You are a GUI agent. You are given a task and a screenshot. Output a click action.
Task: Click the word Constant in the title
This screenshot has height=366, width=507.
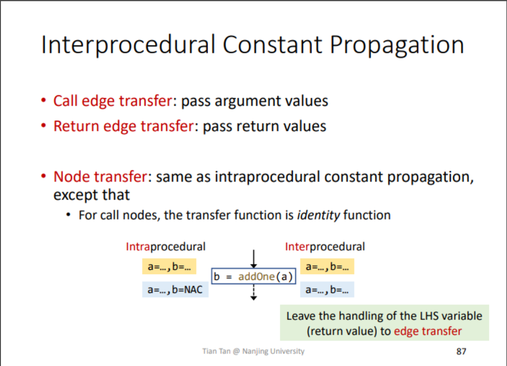[x=272, y=45]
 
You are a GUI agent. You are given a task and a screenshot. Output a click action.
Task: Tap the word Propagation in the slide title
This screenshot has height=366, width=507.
[x=397, y=45]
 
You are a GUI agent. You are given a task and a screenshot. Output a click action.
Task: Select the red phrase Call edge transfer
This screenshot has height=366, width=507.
[x=112, y=101]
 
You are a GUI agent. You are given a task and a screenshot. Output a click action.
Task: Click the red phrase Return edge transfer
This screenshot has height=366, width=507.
[x=123, y=126]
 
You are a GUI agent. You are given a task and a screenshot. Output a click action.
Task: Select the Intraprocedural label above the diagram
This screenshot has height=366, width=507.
[x=166, y=247]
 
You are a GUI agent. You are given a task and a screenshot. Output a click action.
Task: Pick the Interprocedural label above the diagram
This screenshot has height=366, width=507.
[x=325, y=247]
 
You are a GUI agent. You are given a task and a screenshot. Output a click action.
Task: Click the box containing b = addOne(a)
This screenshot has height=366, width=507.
[x=253, y=277]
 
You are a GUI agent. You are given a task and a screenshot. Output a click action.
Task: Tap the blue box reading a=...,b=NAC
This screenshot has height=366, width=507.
[x=175, y=290]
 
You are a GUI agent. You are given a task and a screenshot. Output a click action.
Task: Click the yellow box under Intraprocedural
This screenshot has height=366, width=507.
[x=169, y=267]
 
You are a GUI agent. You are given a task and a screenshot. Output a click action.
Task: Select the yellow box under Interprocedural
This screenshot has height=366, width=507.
[x=327, y=267]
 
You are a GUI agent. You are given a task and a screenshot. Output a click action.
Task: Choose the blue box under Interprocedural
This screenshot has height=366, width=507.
[x=327, y=290]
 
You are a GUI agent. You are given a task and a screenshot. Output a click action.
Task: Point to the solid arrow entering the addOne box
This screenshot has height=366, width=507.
[x=253, y=259]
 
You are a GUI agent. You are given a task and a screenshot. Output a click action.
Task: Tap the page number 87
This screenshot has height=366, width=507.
[x=461, y=352]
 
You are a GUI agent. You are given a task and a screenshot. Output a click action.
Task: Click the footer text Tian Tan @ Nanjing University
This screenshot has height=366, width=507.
[x=253, y=352]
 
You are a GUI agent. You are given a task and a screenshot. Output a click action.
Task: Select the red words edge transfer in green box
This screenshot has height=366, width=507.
[x=428, y=331]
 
